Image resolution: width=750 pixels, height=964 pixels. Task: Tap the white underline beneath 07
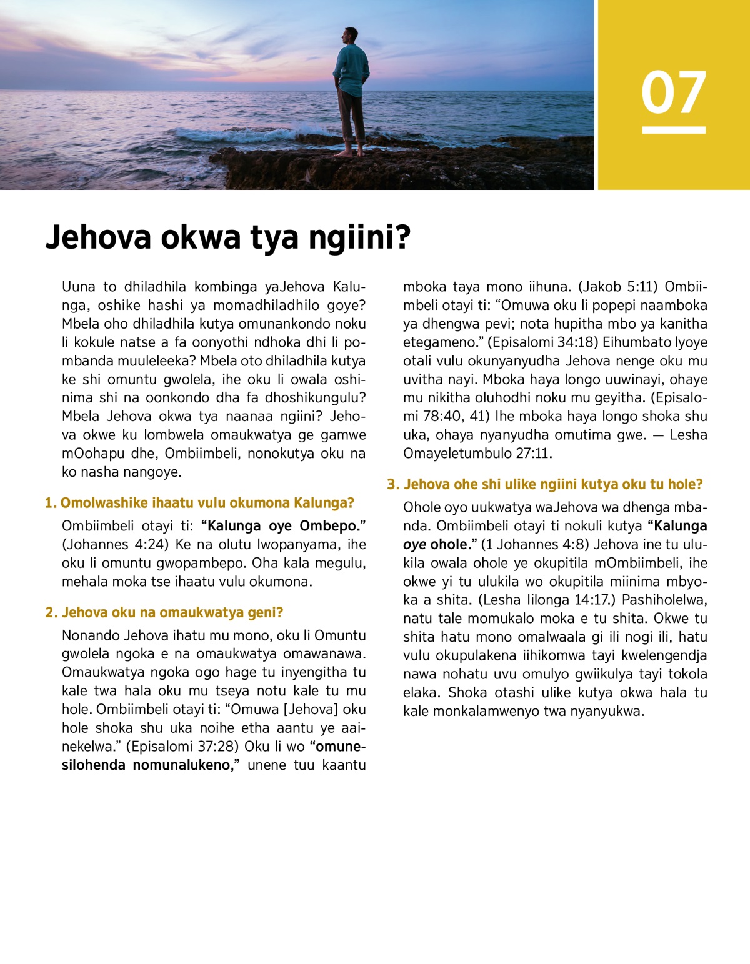pyautogui.click(x=673, y=130)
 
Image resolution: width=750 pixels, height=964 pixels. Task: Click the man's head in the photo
pyautogui.click(x=351, y=36)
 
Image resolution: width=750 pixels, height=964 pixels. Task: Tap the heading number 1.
pyautogui.click(x=50, y=503)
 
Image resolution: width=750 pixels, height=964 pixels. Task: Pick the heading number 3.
pyautogui.click(x=392, y=484)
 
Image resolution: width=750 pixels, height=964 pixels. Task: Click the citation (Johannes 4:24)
pyautogui.click(x=115, y=544)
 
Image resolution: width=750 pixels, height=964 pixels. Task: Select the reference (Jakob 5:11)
pyautogui.click(x=617, y=287)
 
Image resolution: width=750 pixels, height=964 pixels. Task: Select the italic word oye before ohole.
pyautogui.click(x=414, y=544)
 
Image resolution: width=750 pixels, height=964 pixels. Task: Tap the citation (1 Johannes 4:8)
pyautogui.click(x=537, y=544)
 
